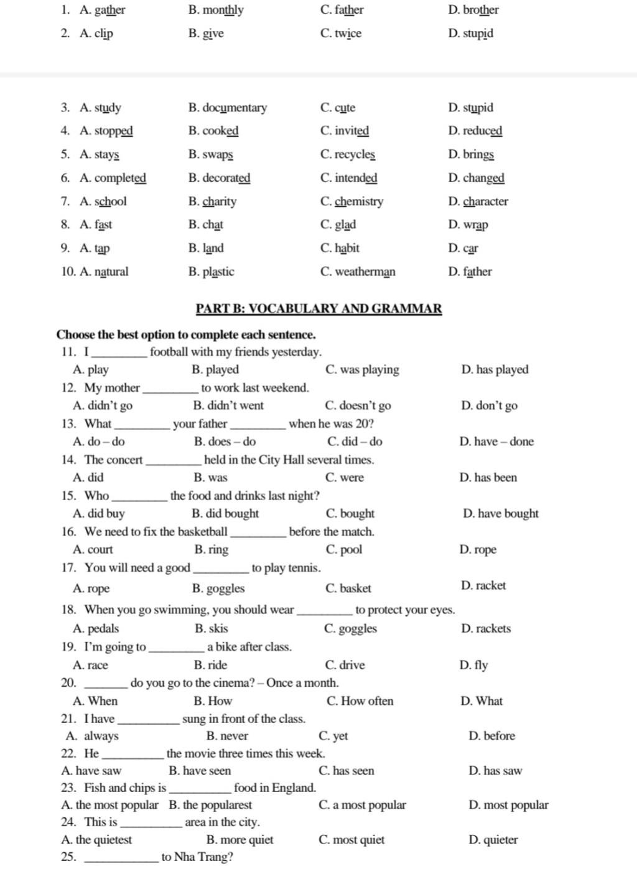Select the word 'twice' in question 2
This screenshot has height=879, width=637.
348,34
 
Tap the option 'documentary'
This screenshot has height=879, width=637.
235,108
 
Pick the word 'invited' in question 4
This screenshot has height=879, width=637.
351,131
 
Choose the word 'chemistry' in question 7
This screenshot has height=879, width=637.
359,202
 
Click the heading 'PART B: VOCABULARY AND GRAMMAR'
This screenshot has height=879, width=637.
318,309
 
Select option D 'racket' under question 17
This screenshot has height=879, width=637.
491,585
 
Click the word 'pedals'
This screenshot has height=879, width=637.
103,629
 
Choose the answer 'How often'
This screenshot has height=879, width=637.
367,701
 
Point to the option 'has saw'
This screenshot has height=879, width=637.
503,771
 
